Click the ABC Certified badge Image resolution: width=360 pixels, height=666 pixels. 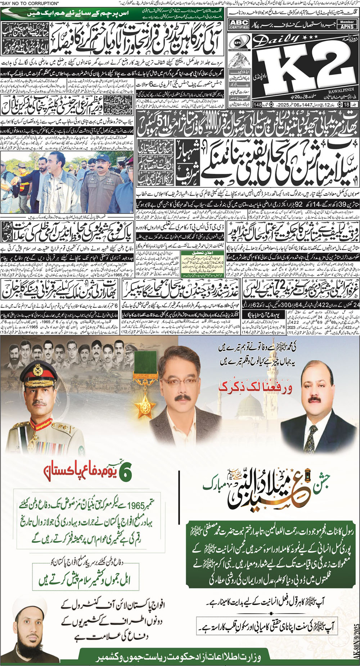tap(239, 24)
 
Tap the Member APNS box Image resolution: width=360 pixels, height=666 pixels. tap(347, 24)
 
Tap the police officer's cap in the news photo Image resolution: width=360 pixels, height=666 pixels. tap(99, 159)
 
